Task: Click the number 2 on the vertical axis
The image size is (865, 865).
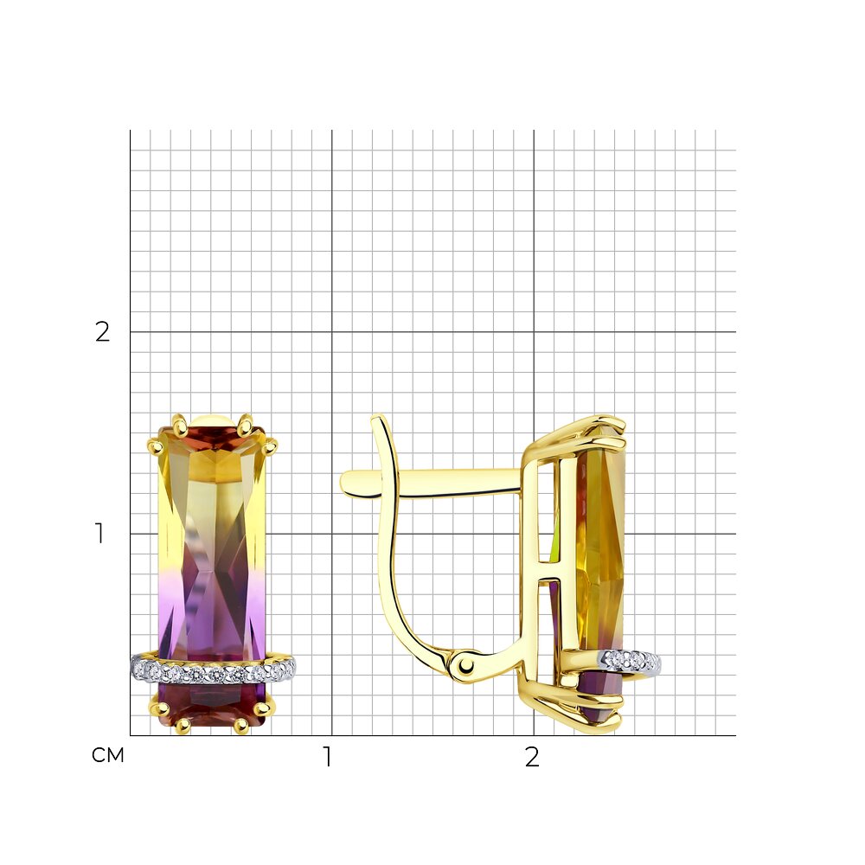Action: pyautogui.click(x=103, y=332)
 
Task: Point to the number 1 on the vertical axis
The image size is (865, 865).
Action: pyautogui.click(x=99, y=534)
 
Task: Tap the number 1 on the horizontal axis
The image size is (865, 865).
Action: pyautogui.click(x=328, y=757)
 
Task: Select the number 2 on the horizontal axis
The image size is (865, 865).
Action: pyautogui.click(x=532, y=758)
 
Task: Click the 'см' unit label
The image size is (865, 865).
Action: pyautogui.click(x=107, y=755)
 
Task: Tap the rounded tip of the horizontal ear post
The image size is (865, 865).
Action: pyautogui.click(x=345, y=483)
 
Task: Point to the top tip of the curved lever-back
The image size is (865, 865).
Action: pyautogui.click(x=377, y=418)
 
